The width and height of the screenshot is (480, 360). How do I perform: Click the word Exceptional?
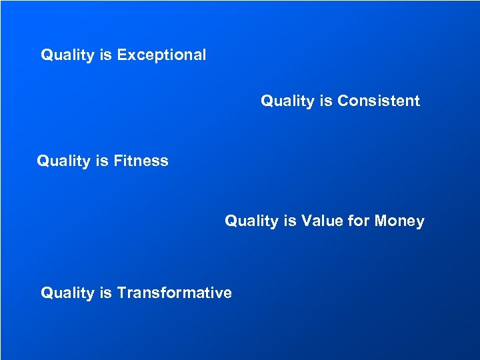tap(161, 55)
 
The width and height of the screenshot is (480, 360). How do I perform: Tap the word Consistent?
tap(379, 101)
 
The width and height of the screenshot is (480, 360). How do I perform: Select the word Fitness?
tap(141, 161)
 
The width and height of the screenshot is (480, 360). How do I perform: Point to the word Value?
tap(323, 221)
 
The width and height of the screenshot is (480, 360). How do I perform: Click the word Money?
tap(399, 221)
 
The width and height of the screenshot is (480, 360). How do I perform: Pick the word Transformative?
tap(175, 293)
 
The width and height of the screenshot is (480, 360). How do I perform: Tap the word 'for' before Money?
tap(360, 221)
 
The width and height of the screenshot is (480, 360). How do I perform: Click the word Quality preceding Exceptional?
tap(67, 55)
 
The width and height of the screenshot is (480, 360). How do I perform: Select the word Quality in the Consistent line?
tap(287, 101)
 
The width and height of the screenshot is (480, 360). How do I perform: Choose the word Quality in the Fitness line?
tap(63, 161)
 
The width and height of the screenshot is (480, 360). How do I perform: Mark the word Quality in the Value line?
tap(251, 221)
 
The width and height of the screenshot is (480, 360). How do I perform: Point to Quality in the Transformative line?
tap(67, 293)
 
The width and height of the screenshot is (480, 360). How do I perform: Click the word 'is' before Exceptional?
tap(105, 55)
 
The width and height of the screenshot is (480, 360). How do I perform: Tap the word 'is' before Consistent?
tap(325, 101)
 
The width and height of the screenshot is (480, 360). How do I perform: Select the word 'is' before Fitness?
tap(101, 161)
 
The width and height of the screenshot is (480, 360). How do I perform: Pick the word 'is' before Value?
tap(289, 221)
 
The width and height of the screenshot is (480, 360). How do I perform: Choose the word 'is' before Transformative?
tap(105, 293)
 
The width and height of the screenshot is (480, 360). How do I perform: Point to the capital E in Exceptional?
tap(122, 55)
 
